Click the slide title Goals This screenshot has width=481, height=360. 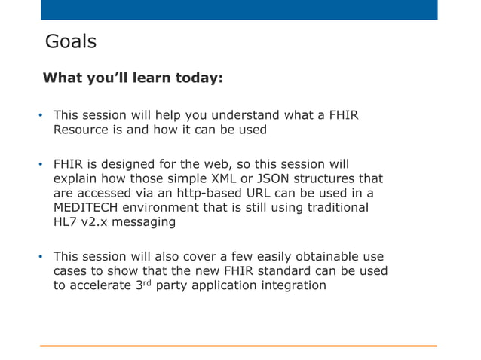tap(71, 41)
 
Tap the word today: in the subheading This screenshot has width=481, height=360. tap(198, 78)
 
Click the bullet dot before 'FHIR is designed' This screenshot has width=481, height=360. tap(42, 165)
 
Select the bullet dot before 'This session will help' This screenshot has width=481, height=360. tap(42, 116)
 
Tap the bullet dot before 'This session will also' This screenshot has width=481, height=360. tap(42, 257)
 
